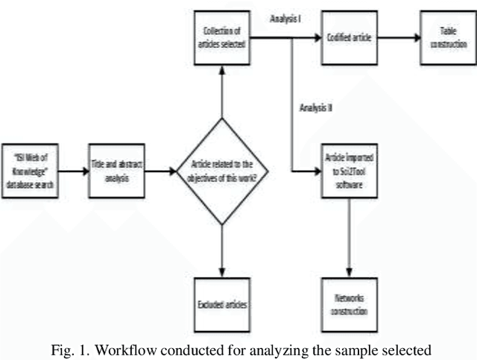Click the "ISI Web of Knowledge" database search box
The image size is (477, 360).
32,171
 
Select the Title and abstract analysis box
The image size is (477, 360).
116,171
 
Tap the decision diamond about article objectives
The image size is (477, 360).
221,171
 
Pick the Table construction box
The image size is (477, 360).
446,37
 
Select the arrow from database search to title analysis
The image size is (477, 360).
73,171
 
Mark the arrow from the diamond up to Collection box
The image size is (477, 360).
221,89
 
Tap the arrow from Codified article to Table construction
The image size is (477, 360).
397,37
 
